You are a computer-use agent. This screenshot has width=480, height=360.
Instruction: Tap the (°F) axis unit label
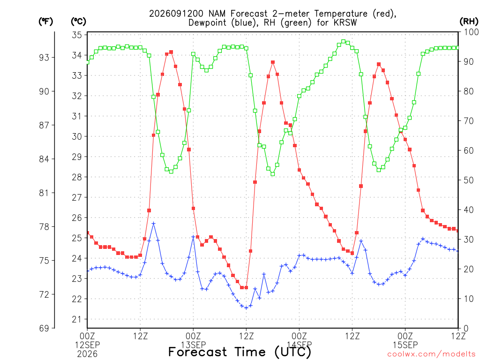click(45, 22)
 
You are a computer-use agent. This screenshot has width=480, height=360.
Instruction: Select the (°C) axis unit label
click(78, 22)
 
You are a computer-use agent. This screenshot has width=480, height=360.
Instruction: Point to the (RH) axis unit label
click(469, 22)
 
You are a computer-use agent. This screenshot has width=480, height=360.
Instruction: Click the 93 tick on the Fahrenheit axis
click(44, 58)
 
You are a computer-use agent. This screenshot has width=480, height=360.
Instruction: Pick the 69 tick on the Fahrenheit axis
click(44, 329)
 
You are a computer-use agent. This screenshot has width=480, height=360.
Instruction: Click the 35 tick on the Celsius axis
click(77, 35)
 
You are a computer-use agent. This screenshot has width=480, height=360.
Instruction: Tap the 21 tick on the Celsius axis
click(77, 319)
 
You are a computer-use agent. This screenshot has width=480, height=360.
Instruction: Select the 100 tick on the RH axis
click(471, 32)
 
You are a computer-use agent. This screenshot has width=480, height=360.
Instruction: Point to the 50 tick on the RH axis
click(468, 180)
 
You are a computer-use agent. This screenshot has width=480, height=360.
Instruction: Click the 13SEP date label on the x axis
click(194, 345)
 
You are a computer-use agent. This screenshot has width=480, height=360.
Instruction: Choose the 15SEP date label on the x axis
click(405, 345)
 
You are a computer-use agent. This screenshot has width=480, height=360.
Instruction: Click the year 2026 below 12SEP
click(87, 354)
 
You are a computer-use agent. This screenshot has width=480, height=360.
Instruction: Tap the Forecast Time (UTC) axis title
click(240, 352)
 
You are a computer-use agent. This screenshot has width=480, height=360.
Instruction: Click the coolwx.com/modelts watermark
click(431, 354)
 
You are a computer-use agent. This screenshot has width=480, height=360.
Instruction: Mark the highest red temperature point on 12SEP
click(171, 52)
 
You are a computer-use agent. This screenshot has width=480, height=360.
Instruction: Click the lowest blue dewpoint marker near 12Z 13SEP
click(246, 307)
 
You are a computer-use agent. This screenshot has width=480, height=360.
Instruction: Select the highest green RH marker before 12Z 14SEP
click(343, 41)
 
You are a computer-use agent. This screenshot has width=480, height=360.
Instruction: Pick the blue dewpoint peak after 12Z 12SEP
click(154, 224)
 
